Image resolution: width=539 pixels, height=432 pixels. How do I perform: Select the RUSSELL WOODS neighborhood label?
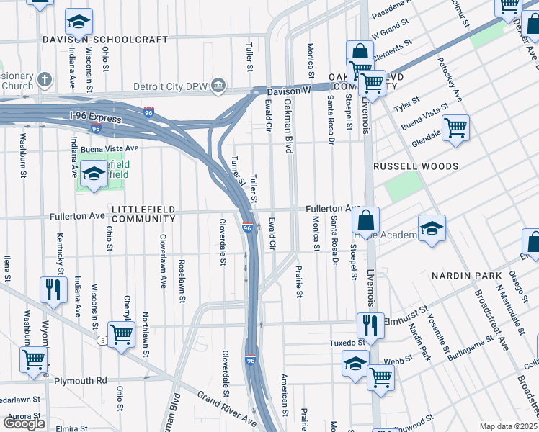416,166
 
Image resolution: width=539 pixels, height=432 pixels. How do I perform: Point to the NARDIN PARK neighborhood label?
465,276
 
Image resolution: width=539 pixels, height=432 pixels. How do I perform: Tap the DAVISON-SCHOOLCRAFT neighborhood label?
105,40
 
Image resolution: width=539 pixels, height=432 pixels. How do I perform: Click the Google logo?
24,423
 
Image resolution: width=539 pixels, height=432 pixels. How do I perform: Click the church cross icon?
44,79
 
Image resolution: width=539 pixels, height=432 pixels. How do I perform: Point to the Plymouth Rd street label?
82,380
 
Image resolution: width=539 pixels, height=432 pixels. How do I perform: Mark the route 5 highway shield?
103,339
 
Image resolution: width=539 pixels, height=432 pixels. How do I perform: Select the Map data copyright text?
508,426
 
